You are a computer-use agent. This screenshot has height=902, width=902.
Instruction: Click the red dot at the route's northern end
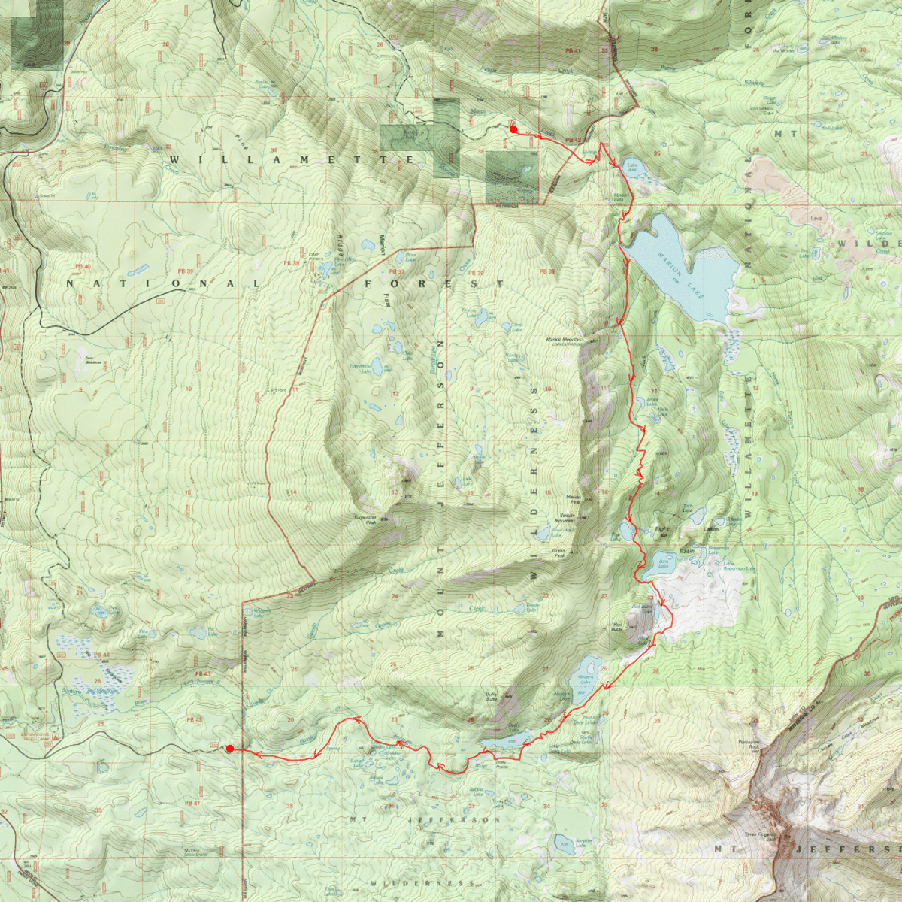(513, 129)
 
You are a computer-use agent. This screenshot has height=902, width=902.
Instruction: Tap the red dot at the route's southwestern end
(230, 749)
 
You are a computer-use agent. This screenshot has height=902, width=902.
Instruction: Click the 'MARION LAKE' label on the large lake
(682, 276)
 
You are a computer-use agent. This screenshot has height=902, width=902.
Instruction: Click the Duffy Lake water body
(504, 743)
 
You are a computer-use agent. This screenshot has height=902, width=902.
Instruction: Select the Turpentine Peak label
(365, 519)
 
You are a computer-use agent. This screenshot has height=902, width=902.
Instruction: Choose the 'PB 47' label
(192, 804)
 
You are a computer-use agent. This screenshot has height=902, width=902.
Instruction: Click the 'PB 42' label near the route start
(573, 141)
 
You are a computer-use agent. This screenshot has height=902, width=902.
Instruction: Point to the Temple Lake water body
(472, 313)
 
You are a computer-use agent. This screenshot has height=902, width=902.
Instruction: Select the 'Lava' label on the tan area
(816, 219)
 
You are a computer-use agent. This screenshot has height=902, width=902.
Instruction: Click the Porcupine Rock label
(749, 745)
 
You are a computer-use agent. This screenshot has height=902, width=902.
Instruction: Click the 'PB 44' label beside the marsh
(102, 655)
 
